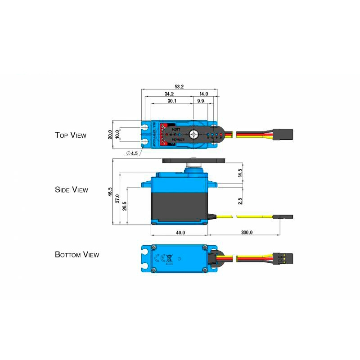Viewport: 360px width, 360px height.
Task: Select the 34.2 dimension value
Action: (169, 94)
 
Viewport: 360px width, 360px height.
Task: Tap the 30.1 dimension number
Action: (172, 102)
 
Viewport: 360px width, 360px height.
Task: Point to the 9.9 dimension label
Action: (200, 102)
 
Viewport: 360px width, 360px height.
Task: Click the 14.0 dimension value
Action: (204, 94)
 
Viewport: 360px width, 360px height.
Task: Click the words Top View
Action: (71, 135)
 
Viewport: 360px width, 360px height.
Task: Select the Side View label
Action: (72, 190)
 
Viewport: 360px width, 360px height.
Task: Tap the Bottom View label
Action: (77, 255)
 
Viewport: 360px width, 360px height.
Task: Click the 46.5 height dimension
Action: (110, 193)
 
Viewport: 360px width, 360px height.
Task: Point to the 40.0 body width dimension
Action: (180, 233)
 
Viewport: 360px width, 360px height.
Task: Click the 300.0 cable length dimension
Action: (247, 233)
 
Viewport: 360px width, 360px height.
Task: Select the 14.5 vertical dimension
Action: (240, 173)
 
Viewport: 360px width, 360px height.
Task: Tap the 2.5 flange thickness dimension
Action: (240, 201)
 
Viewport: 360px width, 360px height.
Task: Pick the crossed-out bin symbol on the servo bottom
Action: (169, 259)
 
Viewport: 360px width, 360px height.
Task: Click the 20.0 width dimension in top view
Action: (110, 135)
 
